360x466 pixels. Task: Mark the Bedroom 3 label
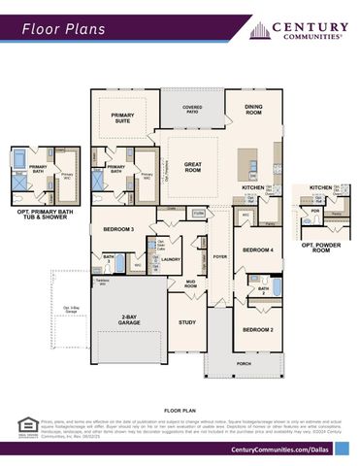[118, 229]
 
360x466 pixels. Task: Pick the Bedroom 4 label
[257, 250]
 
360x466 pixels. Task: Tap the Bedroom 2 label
[257, 331]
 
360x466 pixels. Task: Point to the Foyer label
[219, 257]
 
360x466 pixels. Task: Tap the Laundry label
[171, 259]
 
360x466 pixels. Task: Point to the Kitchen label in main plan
[253, 187]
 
